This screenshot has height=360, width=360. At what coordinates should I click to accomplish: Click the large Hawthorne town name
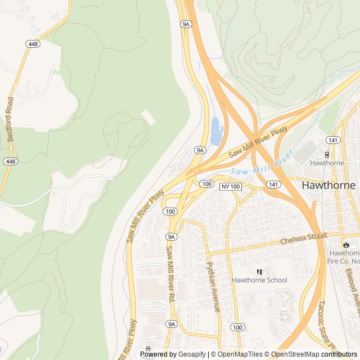[329, 184]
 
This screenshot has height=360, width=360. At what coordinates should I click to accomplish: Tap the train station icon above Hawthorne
[327, 154]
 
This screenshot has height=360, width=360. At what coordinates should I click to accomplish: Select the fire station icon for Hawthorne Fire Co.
[345, 245]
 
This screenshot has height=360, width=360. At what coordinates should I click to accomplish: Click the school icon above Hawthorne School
[259, 272]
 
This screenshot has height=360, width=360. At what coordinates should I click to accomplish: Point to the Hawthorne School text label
[259, 280]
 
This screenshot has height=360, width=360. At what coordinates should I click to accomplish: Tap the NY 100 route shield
[230, 186]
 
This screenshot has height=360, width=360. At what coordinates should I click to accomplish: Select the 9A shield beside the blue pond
[200, 150]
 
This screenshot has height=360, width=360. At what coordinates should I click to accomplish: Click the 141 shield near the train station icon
[333, 139]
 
